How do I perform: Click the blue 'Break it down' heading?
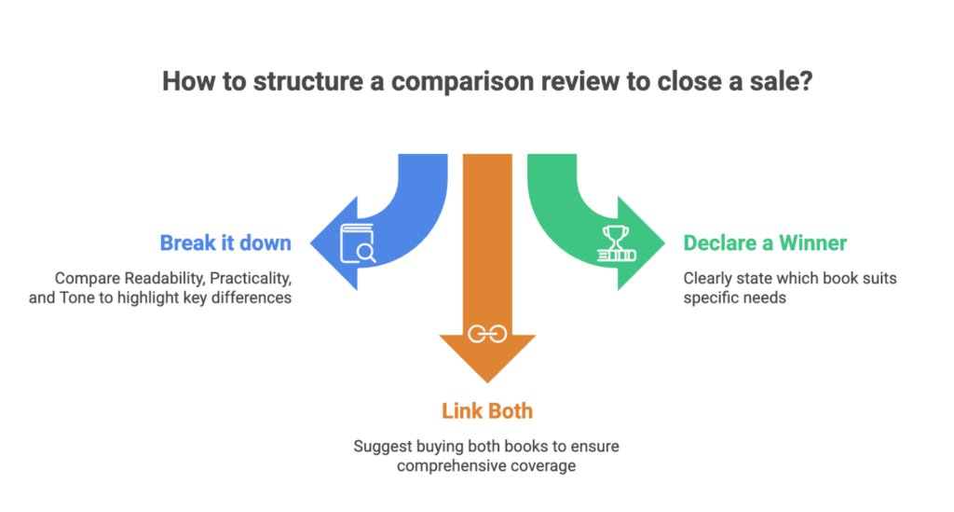[x=225, y=243]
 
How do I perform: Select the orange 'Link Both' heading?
[x=486, y=410]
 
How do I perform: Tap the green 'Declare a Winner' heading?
[x=765, y=243]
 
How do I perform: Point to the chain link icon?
[x=486, y=335]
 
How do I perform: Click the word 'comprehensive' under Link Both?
[x=443, y=465]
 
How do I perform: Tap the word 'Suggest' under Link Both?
[x=380, y=446]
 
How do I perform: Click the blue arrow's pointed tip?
[x=311, y=244]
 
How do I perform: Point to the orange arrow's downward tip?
[x=486, y=381]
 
